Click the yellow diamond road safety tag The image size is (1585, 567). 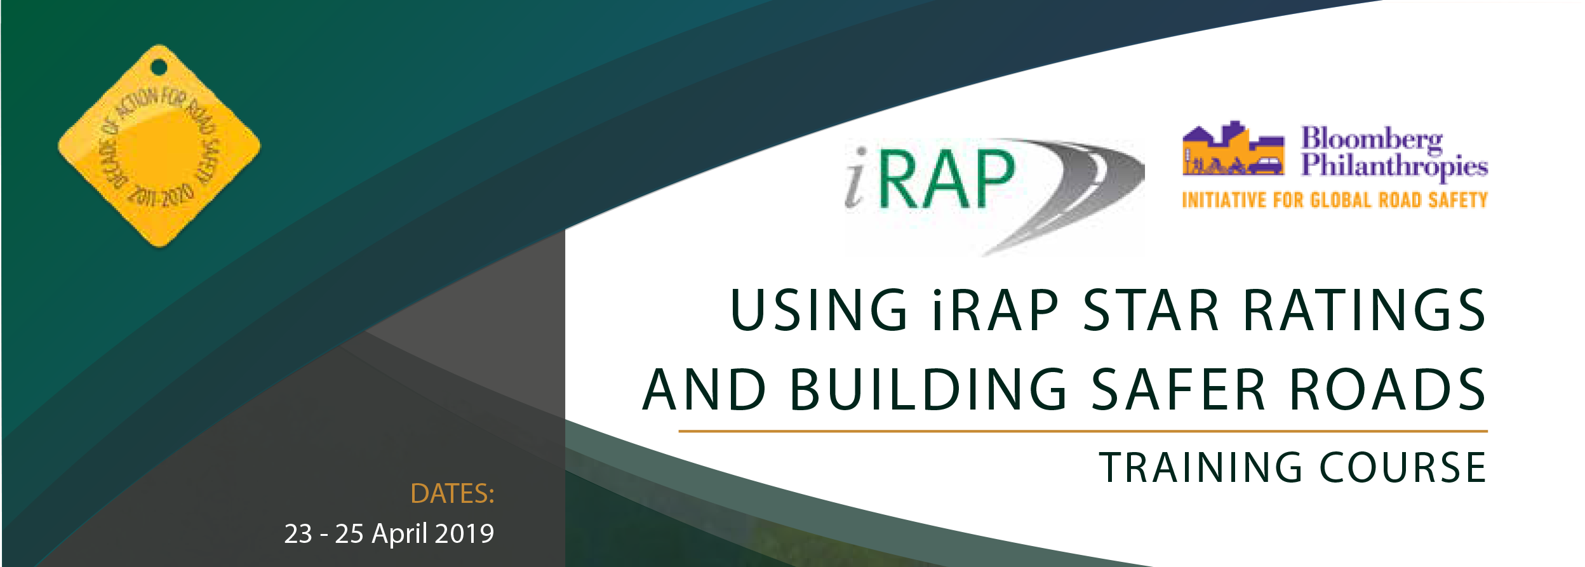point(159,146)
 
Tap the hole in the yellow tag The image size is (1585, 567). point(159,67)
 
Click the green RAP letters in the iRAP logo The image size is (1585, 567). point(947,179)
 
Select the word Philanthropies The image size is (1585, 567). point(1394,167)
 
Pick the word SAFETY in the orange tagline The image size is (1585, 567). point(1457,201)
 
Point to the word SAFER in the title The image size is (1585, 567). point(1179,389)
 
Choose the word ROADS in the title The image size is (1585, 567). point(1388,389)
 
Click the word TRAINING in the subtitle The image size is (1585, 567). point(1201,467)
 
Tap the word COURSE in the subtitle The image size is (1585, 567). point(1403,467)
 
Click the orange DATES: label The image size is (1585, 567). point(452,494)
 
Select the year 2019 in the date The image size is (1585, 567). point(464,534)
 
